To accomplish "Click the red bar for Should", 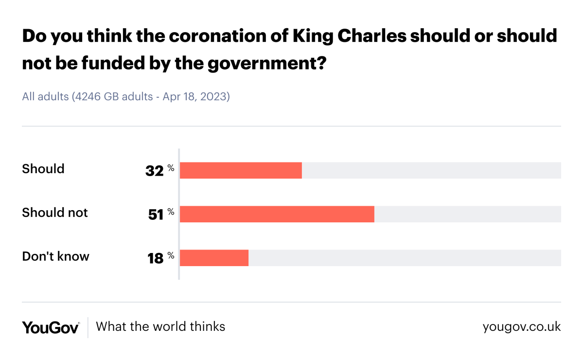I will pyautogui.click(x=241, y=170).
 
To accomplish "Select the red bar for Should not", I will pyautogui.click(x=277, y=214).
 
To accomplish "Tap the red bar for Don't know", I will pyautogui.click(x=214, y=258).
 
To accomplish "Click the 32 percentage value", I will pyautogui.click(x=155, y=171).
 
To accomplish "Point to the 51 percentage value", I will pyautogui.click(x=156, y=215).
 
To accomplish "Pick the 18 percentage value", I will pyautogui.click(x=156, y=258).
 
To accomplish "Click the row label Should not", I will pyautogui.click(x=55, y=213).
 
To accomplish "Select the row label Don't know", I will pyautogui.click(x=55, y=256).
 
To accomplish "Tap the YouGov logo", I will pyautogui.click(x=51, y=327).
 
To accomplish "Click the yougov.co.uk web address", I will pyautogui.click(x=521, y=326).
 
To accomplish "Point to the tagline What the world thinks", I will pyautogui.click(x=160, y=326).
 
